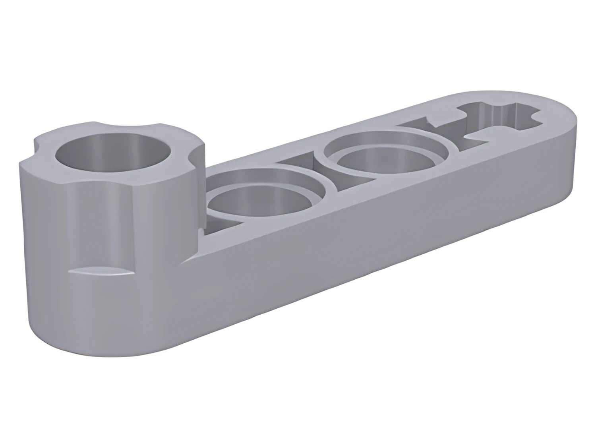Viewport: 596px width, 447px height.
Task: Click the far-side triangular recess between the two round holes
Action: click(x=300, y=163)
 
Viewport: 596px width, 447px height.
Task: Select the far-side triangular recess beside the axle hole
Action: click(x=423, y=123)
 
